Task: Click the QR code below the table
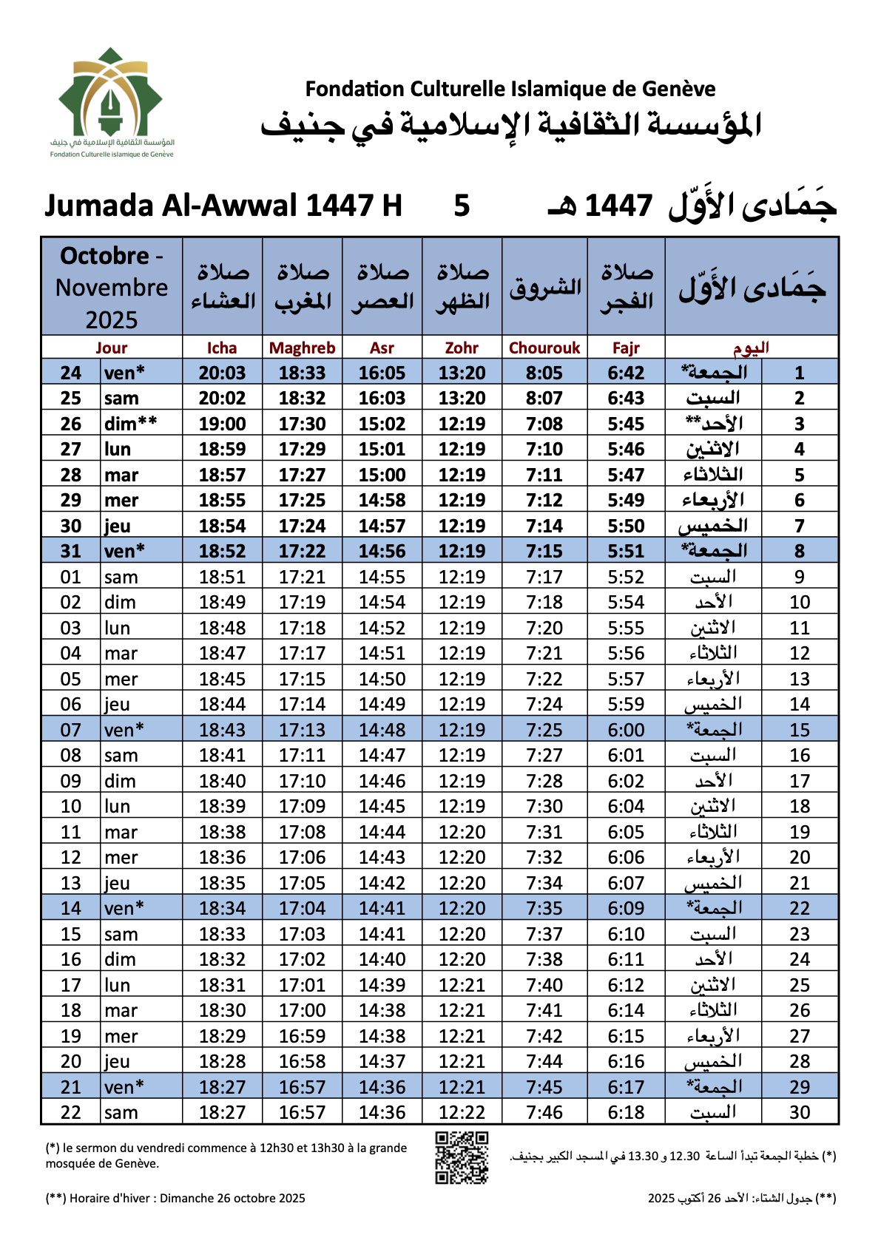[x=462, y=1157]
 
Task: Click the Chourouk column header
[x=544, y=348]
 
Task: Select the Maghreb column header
[x=302, y=348]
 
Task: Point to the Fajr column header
[x=626, y=348]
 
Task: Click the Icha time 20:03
[x=222, y=373]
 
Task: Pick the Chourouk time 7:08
[x=544, y=424]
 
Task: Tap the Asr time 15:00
[x=382, y=475]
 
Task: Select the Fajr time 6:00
[x=626, y=730]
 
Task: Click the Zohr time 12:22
[x=462, y=1112]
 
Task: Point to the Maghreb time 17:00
[x=302, y=1010]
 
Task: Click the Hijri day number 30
[x=800, y=1112]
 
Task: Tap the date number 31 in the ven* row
[x=71, y=551]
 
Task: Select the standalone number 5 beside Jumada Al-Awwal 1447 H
[x=462, y=206]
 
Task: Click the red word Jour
[x=112, y=348]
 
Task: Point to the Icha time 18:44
[x=222, y=704]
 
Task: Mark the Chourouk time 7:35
[x=544, y=908]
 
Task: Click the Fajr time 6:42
[x=626, y=373]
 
